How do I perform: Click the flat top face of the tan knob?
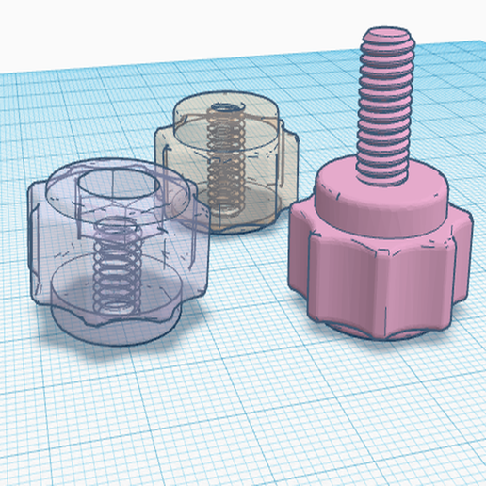click(226, 108)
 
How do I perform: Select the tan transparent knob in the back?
click(226, 160)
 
